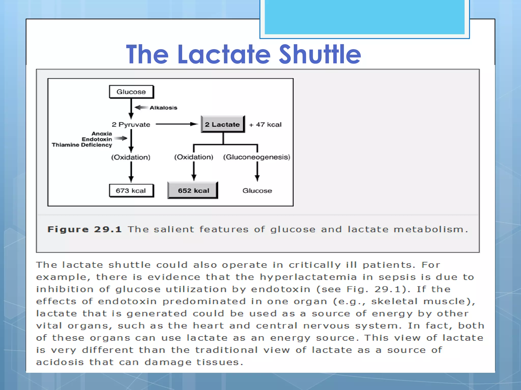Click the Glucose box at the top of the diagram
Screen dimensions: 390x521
(131, 92)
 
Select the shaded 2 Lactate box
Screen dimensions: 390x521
(223, 124)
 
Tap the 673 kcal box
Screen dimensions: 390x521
(131, 190)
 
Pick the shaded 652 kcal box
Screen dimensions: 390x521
(193, 190)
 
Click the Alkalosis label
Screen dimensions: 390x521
(163, 108)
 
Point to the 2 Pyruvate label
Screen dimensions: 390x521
(131, 124)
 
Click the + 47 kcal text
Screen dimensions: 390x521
(265, 124)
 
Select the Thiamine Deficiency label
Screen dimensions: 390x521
(82, 145)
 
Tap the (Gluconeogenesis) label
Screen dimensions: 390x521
(257, 157)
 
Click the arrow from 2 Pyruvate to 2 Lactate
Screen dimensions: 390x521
(177, 124)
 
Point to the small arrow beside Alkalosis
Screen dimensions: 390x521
(141, 107)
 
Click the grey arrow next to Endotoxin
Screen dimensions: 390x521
(121, 138)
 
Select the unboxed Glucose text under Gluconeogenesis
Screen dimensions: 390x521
(257, 190)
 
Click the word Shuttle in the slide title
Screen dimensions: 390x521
(320, 54)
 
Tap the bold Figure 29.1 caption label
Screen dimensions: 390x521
(84, 229)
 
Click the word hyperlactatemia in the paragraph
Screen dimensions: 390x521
(308, 277)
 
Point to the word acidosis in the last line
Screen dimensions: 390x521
(60, 362)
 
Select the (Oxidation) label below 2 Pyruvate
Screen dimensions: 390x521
(131, 157)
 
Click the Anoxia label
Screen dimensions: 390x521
(102, 134)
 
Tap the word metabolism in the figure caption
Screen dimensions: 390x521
(430, 229)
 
